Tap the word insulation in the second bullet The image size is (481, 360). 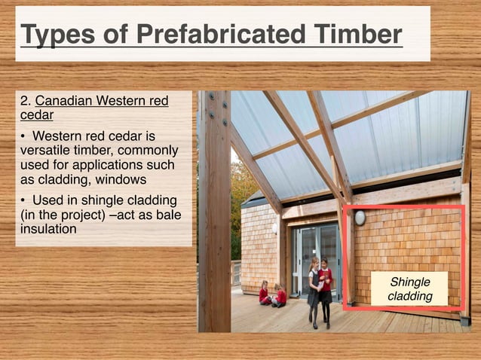(49, 229)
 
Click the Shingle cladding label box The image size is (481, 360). (409, 289)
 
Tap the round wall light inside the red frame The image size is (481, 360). (360, 218)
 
